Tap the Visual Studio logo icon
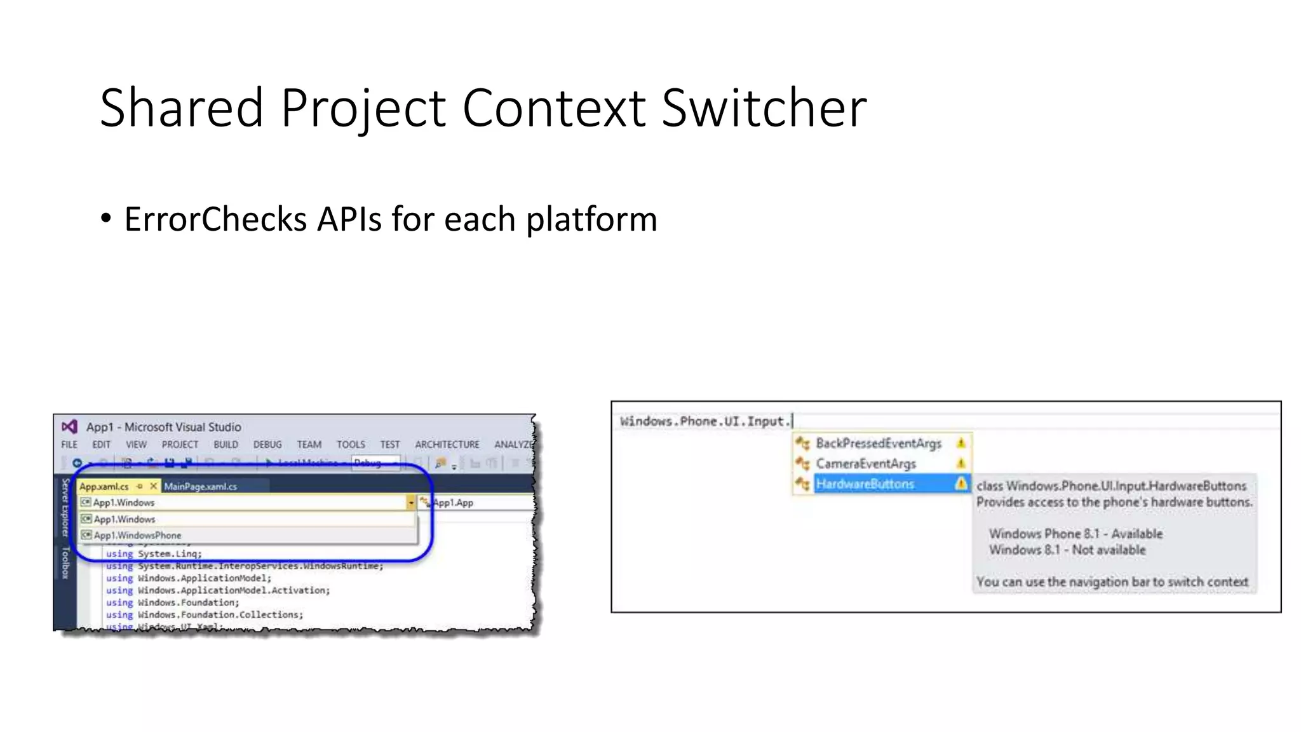(69, 426)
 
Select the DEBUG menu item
(267, 445)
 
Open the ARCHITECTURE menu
(447, 445)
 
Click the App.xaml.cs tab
(104, 487)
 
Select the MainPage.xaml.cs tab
(200, 487)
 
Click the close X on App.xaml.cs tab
(153, 486)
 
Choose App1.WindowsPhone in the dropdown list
(137, 536)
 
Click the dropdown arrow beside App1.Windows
(411, 503)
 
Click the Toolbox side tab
(65, 563)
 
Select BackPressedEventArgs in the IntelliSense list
(878, 444)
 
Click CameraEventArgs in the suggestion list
(865, 464)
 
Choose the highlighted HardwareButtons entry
(865, 484)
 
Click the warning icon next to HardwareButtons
(961, 484)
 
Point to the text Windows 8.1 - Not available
(1067, 550)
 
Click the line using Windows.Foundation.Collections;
(205, 615)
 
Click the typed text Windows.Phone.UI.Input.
(705, 421)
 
